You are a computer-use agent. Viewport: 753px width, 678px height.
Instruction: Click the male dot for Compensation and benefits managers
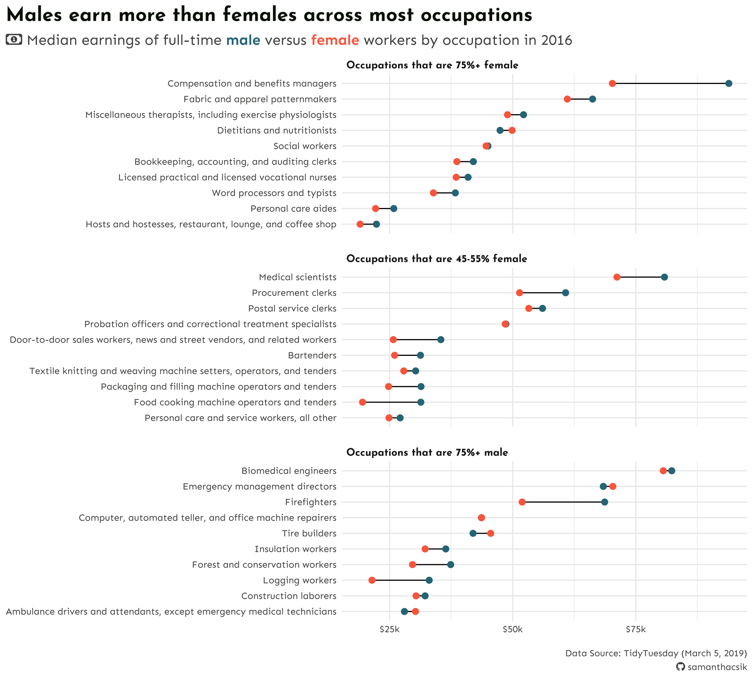pyautogui.click(x=728, y=84)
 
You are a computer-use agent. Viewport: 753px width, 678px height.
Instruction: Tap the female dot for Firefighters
pyautogui.click(x=522, y=502)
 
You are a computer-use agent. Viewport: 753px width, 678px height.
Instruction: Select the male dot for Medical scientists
pyautogui.click(x=664, y=277)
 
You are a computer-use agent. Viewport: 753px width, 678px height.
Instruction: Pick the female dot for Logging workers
pyautogui.click(x=372, y=580)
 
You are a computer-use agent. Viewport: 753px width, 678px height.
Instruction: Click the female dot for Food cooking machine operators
pyautogui.click(x=362, y=402)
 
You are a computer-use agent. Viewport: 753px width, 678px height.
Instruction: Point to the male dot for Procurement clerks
pyautogui.click(x=565, y=293)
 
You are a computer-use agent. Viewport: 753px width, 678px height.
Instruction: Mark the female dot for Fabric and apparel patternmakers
pyautogui.click(x=567, y=99)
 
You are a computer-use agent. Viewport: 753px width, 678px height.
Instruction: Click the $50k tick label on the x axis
pyautogui.click(x=513, y=630)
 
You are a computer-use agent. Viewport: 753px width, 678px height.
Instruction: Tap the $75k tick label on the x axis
pyautogui.click(x=635, y=630)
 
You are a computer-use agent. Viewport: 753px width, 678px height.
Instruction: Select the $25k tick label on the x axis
pyautogui.click(x=389, y=630)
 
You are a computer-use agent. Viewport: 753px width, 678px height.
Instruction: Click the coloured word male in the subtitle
pyautogui.click(x=243, y=40)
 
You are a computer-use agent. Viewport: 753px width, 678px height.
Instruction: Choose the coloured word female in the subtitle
pyautogui.click(x=335, y=40)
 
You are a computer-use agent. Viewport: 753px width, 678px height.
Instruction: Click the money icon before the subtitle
pyautogui.click(x=14, y=39)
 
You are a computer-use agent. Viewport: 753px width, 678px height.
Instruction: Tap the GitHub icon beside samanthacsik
pyautogui.click(x=680, y=667)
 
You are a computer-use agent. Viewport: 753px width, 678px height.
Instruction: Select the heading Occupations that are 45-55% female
pyautogui.click(x=437, y=259)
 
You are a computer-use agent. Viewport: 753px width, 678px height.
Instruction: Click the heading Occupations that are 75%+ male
pyautogui.click(x=427, y=453)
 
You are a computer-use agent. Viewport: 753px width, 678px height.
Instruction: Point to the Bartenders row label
pyautogui.click(x=312, y=355)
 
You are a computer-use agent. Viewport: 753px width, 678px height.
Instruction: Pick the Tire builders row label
pyautogui.click(x=309, y=534)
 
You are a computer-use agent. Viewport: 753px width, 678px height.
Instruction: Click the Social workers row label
pyautogui.click(x=305, y=146)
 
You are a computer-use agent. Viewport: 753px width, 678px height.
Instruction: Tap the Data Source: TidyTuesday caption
pyautogui.click(x=656, y=653)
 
